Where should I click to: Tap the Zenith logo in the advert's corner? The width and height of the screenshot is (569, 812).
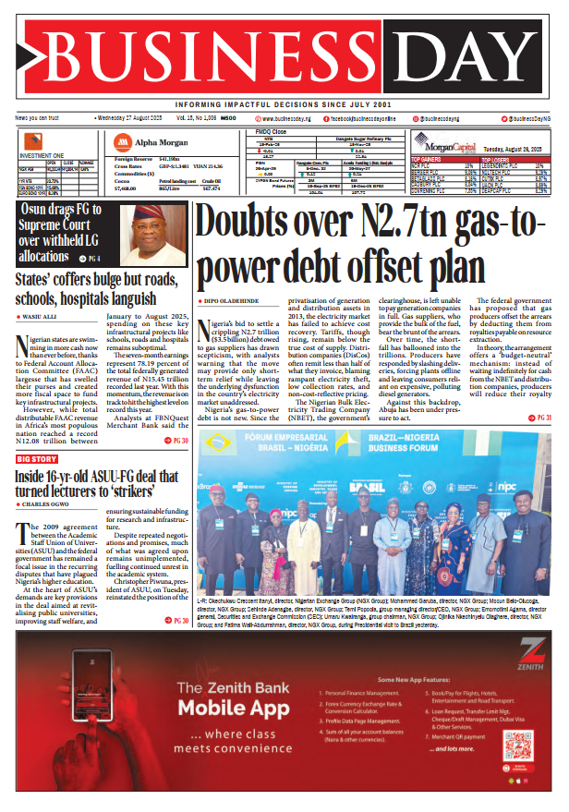coord(527,659)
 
